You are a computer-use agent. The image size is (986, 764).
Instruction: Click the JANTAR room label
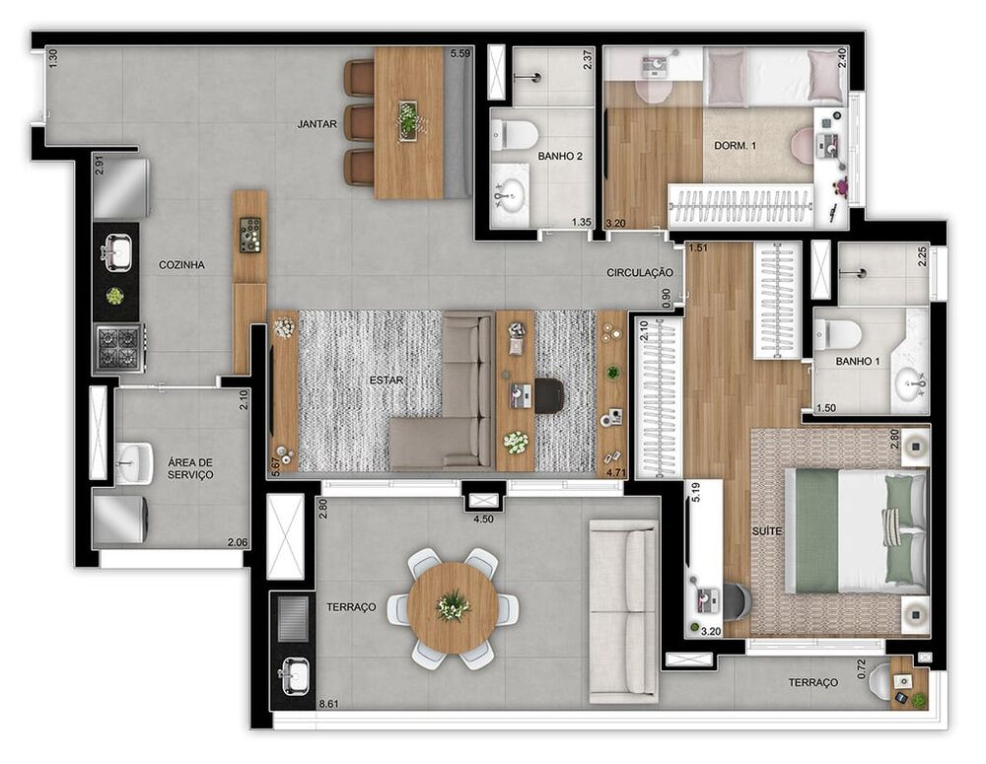[317, 124]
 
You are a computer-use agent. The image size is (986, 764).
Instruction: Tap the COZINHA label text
[181, 265]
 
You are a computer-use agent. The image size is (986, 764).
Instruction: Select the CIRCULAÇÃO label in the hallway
[640, 272]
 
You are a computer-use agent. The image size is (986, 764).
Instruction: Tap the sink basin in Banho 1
[911, 381]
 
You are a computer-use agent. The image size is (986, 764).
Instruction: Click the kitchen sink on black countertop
[115, 252]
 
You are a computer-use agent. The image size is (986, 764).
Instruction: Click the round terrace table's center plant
[453, 606]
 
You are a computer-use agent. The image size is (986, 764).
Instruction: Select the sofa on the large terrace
[623, 611]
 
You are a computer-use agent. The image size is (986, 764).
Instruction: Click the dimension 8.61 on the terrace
[328, 704]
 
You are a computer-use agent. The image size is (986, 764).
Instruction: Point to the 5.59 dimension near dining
[459, 54]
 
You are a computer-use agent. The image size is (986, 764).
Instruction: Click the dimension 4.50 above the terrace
[484, 519]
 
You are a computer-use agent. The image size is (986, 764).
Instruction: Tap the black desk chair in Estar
[549, 395]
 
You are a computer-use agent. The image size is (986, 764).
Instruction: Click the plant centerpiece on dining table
[408, 120]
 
